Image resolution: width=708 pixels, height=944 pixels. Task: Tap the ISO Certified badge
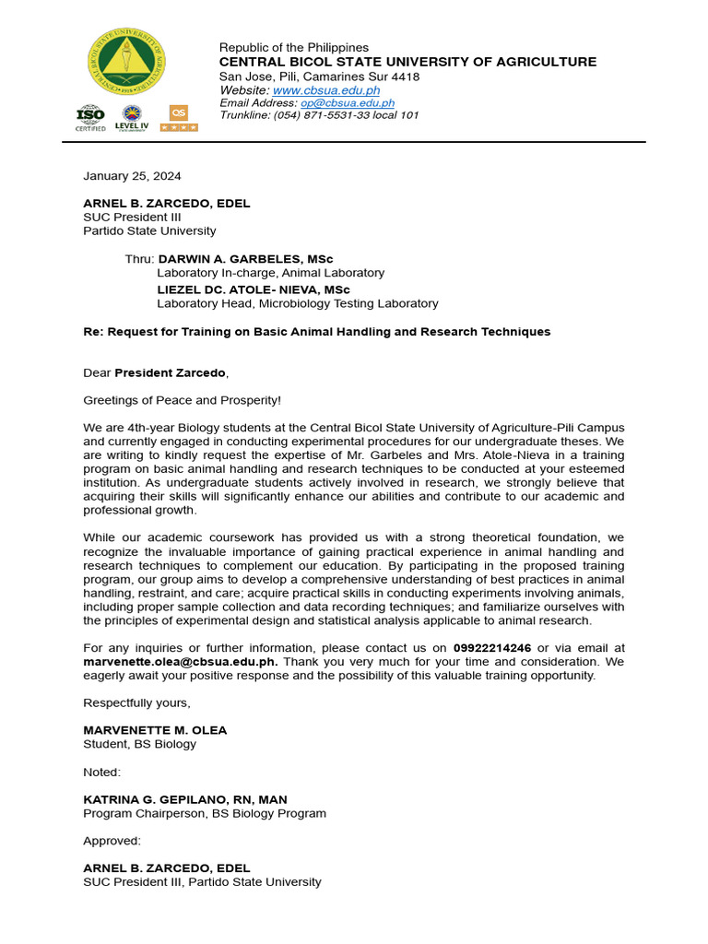coord(90,118)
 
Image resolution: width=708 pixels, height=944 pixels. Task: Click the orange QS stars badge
coord(178,118)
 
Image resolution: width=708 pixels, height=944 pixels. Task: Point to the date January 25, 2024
coord(132,176)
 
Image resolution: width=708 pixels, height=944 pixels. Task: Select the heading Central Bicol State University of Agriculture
coord(407,62)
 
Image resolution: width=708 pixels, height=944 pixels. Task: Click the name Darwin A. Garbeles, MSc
coord(245,259)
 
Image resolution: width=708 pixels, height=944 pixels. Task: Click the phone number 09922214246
coord(492,648)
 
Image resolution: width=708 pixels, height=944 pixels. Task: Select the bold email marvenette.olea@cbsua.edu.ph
coord(181,662)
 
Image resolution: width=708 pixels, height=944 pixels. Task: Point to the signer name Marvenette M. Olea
coord(155,730)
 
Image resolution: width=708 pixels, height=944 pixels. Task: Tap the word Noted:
coord(102,772)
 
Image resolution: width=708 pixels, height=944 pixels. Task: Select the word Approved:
coord(112,841)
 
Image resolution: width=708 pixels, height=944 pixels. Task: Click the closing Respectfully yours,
coord(136,702)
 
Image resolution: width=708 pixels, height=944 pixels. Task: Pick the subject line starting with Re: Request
coord(316,332)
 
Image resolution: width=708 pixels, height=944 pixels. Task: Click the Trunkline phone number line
coord(319,115)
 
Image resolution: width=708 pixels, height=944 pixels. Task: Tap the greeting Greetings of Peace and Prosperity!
coord(183,400)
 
